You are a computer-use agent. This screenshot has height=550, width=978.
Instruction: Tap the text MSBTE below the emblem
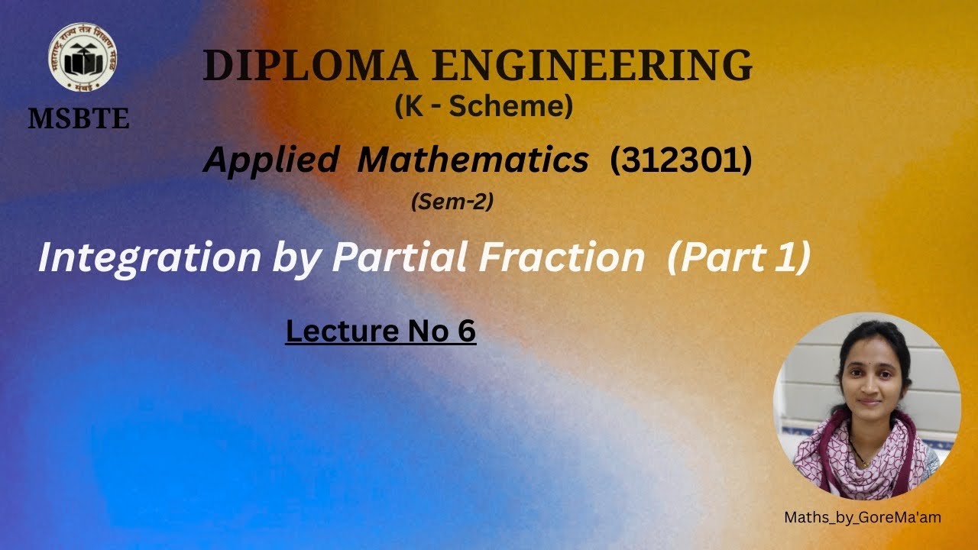click(x=79, y=118)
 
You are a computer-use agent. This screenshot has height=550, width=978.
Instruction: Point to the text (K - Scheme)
click(x=484, y=107)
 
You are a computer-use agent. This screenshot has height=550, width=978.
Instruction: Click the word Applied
click(x=270, y=160)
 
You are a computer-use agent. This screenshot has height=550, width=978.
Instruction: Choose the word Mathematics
click(x=473, y=160)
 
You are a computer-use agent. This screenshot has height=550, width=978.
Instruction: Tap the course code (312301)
click(x=681, y=160)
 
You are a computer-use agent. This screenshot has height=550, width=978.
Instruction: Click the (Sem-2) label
click(x=452, y=202)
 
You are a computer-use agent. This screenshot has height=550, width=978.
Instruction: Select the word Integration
click(x=150, y=258)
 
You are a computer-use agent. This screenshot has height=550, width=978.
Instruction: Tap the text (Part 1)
click(x=738, y=258)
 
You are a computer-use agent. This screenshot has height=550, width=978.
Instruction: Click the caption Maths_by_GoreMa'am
click(x=863, y=517)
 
